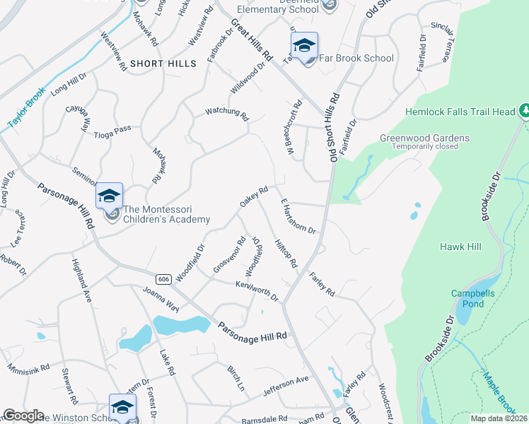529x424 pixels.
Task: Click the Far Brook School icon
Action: pos(304,47)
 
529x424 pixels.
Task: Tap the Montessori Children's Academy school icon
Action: pos(110,198)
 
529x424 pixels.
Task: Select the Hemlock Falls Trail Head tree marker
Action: pos(524,111)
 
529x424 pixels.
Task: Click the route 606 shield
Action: pos(164,279)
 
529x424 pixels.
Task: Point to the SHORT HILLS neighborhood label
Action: pos(163,64)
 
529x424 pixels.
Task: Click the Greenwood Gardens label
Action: pos(424,138)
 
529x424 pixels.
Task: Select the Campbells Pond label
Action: pos(467,298)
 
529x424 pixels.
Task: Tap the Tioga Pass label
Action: pos(114,129)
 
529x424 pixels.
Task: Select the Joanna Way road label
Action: pos(161,299)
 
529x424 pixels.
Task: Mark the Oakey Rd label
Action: pos(254,196)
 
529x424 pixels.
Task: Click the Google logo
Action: pos(23,416)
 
